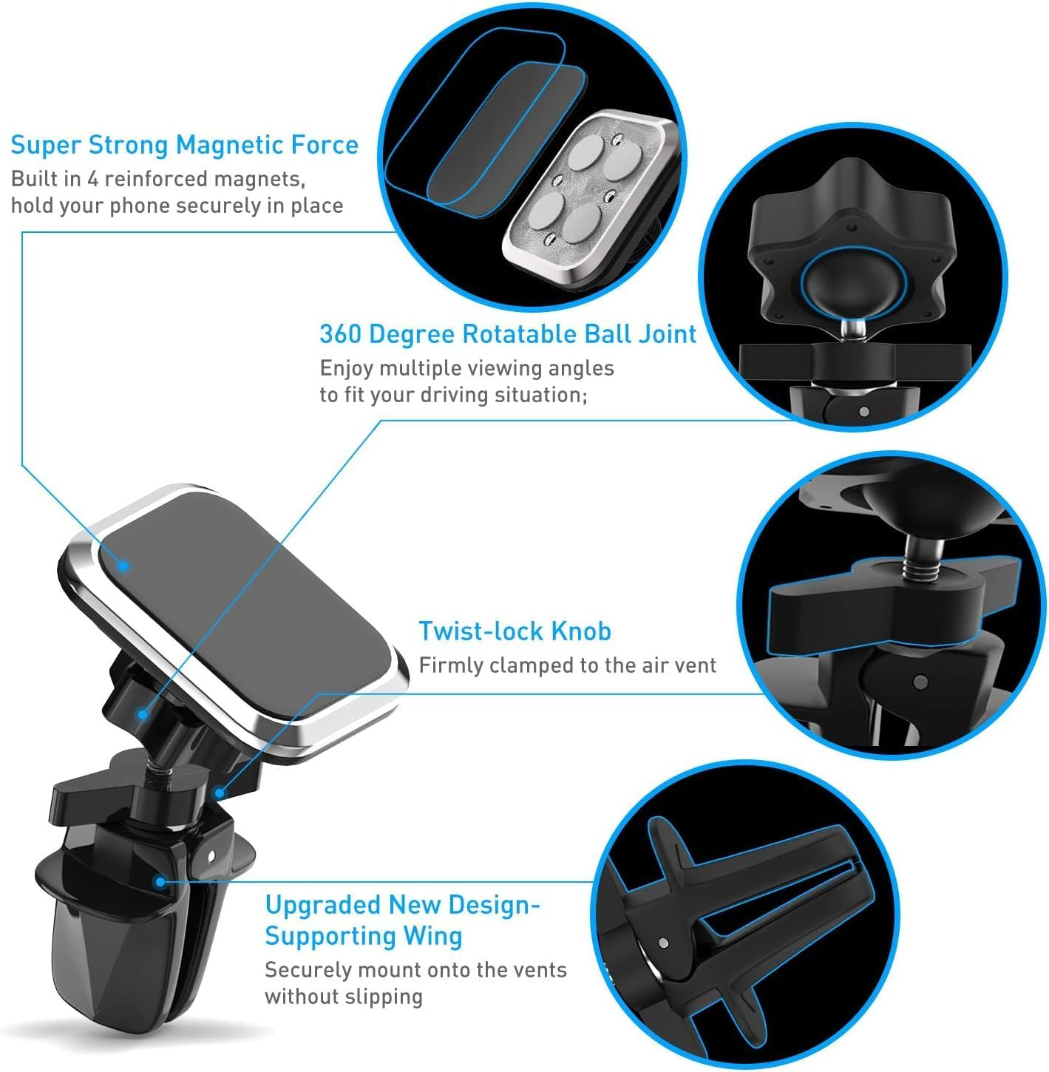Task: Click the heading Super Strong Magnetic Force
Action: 184,145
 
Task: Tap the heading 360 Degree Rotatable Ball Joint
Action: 508,334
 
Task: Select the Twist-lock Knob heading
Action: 515,631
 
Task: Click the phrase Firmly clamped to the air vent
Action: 567,665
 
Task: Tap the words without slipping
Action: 344,997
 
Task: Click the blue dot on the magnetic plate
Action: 124,566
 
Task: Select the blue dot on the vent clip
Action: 159,881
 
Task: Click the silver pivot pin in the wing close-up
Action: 663,943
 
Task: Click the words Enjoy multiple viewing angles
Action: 466,368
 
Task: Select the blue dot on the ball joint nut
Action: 142,714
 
